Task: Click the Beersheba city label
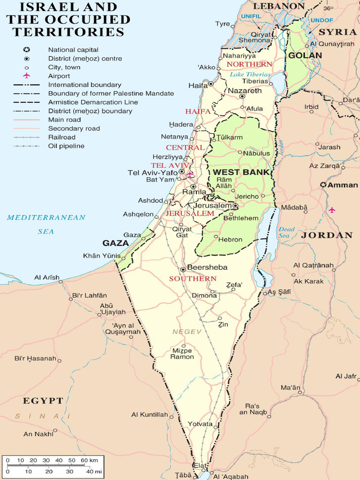207,267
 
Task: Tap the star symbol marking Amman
323,185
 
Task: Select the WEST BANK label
241,172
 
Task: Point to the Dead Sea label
286,232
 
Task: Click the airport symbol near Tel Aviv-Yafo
189,174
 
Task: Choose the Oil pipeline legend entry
66,146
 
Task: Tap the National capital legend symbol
27,50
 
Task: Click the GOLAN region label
305,55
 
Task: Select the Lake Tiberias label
250,75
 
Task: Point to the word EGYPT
43,401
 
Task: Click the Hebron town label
230,240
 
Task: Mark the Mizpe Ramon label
182,353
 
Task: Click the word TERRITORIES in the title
68,32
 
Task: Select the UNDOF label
322,20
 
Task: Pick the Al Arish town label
46,277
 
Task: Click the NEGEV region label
187,332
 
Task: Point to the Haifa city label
197,85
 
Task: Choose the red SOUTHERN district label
193,278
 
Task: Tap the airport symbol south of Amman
332,210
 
